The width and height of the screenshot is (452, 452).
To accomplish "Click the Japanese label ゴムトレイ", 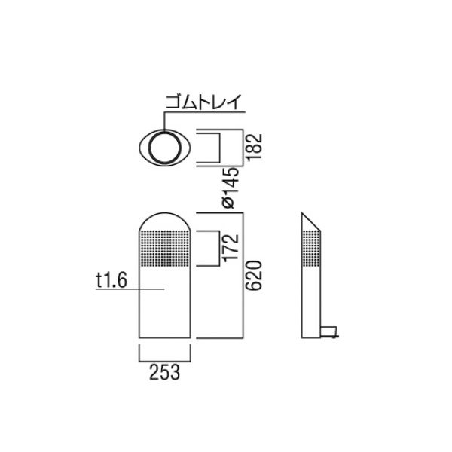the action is pos(203,102).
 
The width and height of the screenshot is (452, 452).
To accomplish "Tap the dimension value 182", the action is pos(255,146).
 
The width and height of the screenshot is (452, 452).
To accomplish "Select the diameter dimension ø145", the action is pos(231,188).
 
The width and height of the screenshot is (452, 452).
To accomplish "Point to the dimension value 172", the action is pos(231,248).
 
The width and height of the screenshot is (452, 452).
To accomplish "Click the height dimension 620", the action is pos(255,275).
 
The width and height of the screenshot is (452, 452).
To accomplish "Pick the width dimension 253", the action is pos(164,372).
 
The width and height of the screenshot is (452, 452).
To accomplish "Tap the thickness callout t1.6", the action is pos(111,280).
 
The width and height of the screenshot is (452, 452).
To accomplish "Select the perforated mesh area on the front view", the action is pos(164,248).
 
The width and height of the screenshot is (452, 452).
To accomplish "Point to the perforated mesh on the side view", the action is pos(311,248).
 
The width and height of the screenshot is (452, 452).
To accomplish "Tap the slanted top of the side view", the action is pos(311,221).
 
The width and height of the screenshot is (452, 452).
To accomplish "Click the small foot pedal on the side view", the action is pos(329,331).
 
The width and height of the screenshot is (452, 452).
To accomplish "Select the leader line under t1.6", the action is pos(130,289).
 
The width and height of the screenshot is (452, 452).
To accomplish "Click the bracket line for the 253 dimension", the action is pos(164,361).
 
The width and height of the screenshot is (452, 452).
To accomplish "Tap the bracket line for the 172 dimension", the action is pos(219,248).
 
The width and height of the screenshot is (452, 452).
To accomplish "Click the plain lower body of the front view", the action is pos(164,302).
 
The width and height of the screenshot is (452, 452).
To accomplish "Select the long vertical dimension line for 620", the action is pos(243,275).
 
